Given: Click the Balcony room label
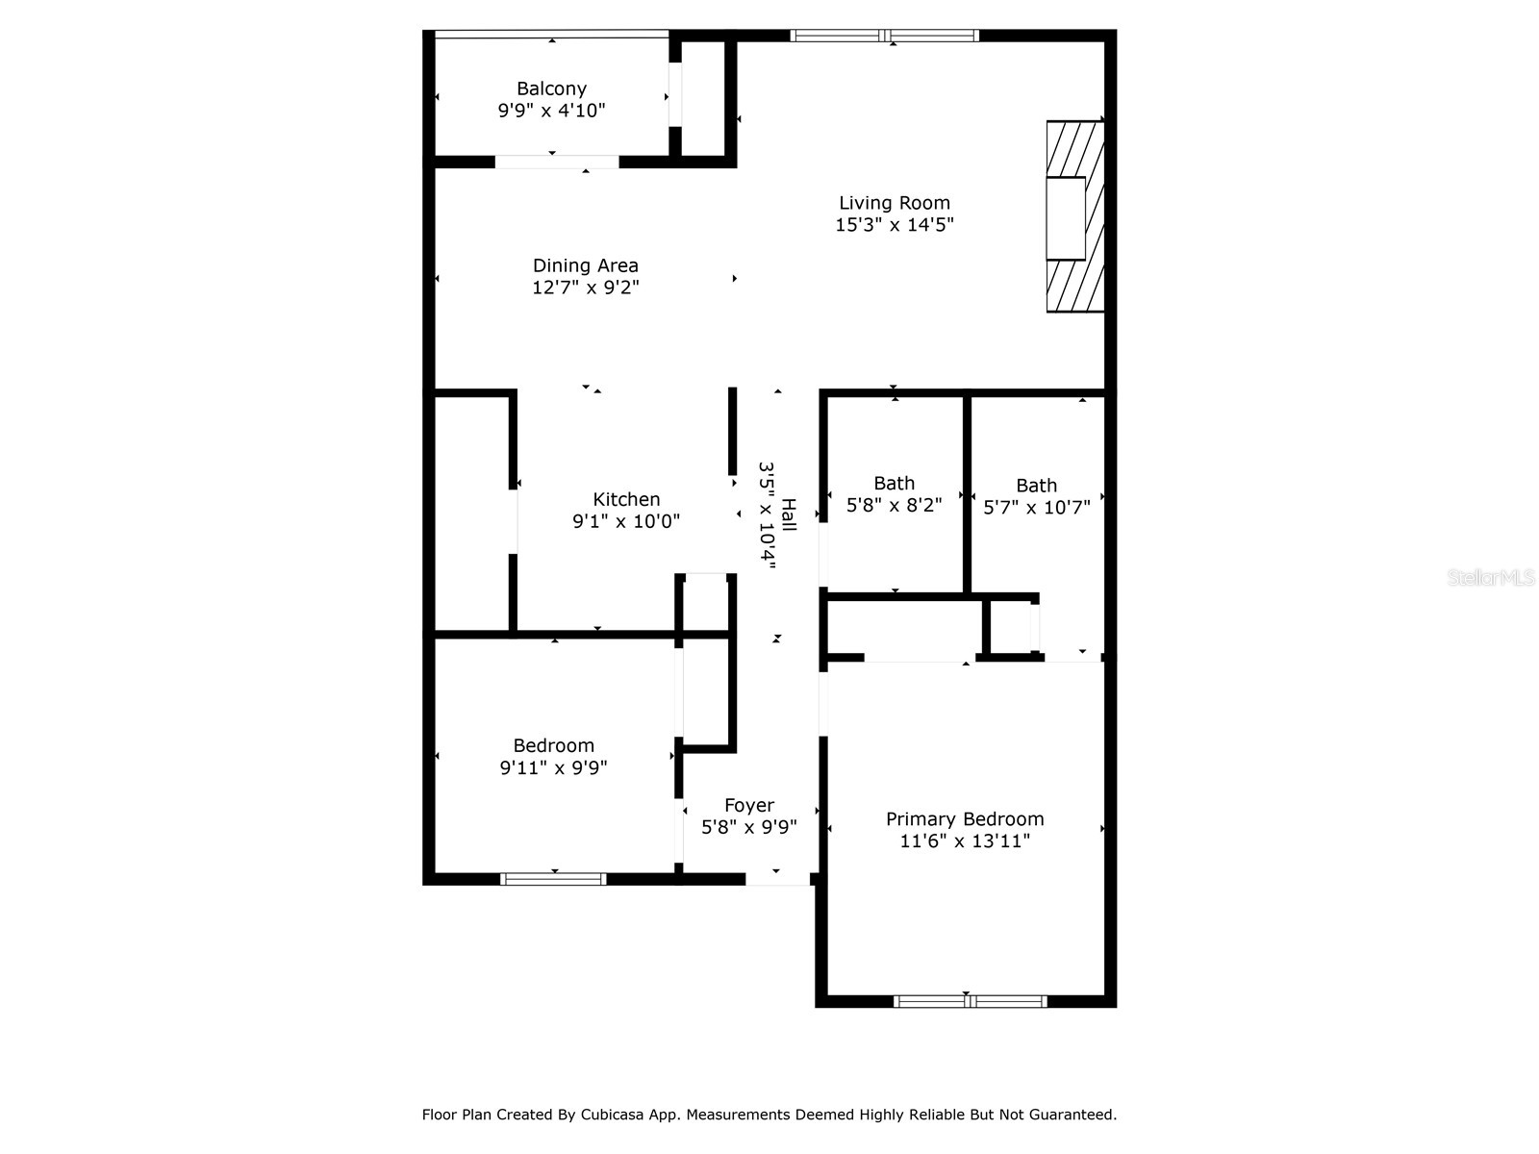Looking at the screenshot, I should pos(551,88).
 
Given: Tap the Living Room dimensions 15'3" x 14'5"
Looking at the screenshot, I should pos(895,225).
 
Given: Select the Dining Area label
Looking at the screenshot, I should pos(585,265).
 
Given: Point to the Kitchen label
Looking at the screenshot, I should pos(626,499).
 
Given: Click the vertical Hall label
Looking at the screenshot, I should pos(789,514).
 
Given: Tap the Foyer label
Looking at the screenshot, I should pos(749,806).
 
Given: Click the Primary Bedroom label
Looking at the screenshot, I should pos(965,819).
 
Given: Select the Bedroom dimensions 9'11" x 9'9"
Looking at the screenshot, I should pos(553,767).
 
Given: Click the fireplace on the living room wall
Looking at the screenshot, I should pos(1074,216).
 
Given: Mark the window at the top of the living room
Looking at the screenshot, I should pos(885,36).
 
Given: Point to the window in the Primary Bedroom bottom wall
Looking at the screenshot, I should pos(970,1001).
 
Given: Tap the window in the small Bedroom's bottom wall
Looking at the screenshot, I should pos(553,878).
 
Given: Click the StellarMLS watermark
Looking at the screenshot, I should pos(1492,578).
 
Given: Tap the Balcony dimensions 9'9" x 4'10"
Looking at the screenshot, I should pos(551,111).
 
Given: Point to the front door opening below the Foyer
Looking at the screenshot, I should pos(777,879).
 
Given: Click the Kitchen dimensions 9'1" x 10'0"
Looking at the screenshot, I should pos(626,521).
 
